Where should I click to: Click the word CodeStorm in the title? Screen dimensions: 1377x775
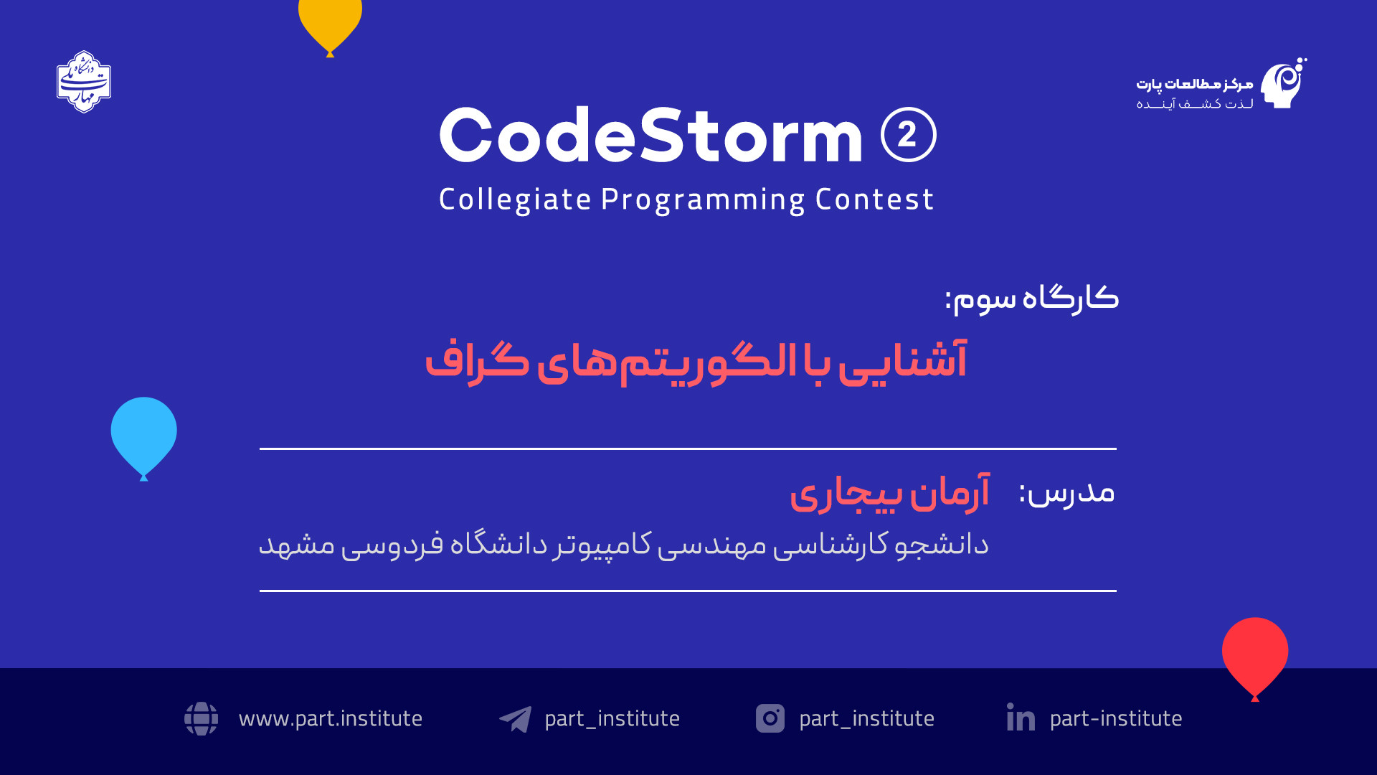pyautogui.click(x=651, y=135)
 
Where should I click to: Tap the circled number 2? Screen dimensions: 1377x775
pyautogui.click(x=909, y=135)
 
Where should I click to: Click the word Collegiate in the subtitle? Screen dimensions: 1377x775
pyautogui.click(x=515, y=199)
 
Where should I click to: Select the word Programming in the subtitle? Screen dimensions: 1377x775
pyautogui.click(x=703, y=199)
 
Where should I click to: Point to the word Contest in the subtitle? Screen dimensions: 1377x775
pyautogui.click(x=874, y=199)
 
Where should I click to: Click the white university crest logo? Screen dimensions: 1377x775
pyautogui.click(x=84, y=82)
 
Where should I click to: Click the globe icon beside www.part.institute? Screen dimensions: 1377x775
pyautogui.click(x=202, y=718)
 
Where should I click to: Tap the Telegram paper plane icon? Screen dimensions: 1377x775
pyautogui.click(x=516, y=719)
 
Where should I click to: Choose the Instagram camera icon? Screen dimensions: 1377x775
pyautogui.click(x=770, y=718)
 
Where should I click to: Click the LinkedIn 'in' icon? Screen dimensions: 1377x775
pyautogui.click(x=1021, y=717)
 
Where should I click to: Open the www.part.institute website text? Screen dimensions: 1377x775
pyautogui.click(x=331, y=718)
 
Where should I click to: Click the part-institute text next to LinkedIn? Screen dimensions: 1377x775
pyautogui.click(x=1116, y=718)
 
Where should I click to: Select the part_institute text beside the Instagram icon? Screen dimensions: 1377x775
pyautogui.click(x=866, y=718)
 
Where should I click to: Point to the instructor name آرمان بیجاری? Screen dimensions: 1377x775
pyautogui.click(x=890, y=493)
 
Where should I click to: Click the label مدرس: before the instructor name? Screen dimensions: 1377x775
pyautogui.click(x=1067, y=492)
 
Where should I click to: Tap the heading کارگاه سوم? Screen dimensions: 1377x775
pyautogui.click(x=1031, y=298)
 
